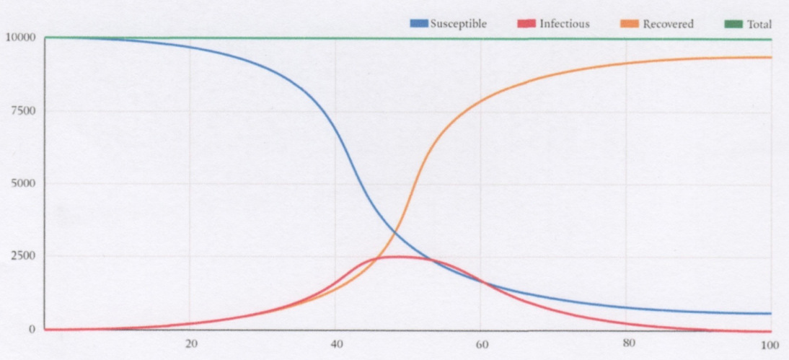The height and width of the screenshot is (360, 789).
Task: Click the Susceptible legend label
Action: (459, 24)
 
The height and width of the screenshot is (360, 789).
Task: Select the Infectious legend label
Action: (564, 24)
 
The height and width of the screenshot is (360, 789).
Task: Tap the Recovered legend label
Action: (668, 24)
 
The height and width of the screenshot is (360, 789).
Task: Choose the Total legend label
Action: (759, 24)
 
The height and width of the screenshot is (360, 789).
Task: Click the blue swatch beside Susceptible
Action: (419, 24)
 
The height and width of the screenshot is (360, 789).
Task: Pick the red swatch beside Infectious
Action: (526, 24)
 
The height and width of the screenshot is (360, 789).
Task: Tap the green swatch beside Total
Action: (733, 24)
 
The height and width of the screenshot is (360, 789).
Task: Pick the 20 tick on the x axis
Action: (190, 343)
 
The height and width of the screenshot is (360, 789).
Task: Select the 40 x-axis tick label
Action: (336, 343)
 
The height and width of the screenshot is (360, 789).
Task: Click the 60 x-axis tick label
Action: (482, 343)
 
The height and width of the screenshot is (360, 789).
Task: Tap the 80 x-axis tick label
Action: (627, 343)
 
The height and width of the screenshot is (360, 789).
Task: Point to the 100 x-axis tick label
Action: (770, 343)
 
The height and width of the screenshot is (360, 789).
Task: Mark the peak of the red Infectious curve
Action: (394, 256)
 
